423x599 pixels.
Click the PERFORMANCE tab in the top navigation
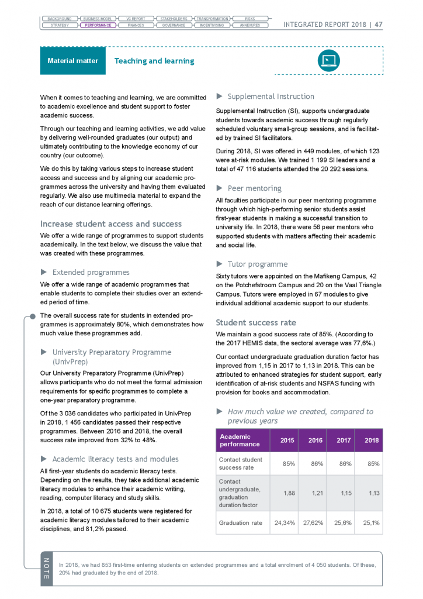coord(98,25)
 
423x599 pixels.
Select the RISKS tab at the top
coord(249,19)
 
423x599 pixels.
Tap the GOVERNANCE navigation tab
coord(174,25)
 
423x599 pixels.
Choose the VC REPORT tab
coord(136,19)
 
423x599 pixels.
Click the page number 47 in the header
coord(379,25)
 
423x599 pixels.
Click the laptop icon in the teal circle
coord(328,60)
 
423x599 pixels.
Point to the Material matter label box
coord(72,61)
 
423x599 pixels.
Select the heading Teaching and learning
coord(154,61)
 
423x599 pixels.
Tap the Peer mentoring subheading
coord(254,188)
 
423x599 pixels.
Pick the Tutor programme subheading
coord(257,264)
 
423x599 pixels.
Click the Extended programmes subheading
coord(91,272)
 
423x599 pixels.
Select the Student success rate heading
coord(256,322)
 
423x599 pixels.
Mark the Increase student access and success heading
coord(110,223)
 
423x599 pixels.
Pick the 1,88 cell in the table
coord(289,493)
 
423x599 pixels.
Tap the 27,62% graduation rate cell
coord(315,522)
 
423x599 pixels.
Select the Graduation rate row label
coord(240,522)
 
